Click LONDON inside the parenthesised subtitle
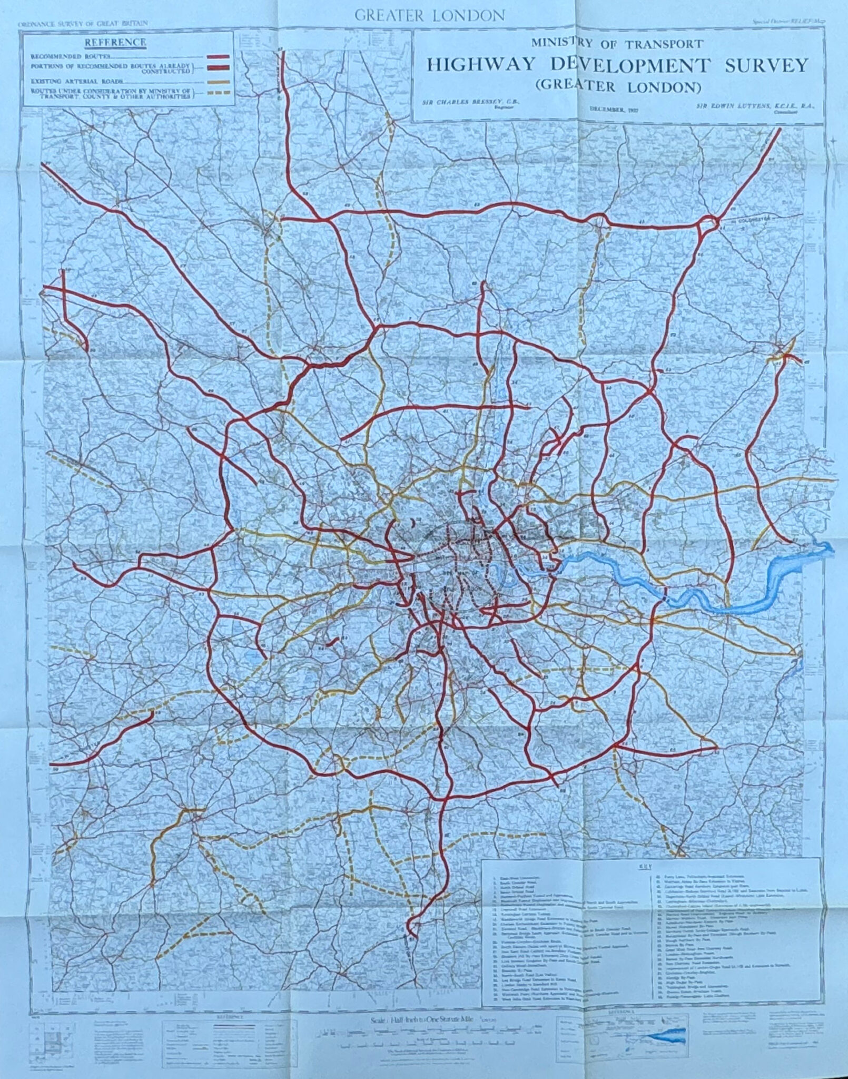665,86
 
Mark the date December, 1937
609,109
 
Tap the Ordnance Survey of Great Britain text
82,24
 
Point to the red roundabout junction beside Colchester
708,223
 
